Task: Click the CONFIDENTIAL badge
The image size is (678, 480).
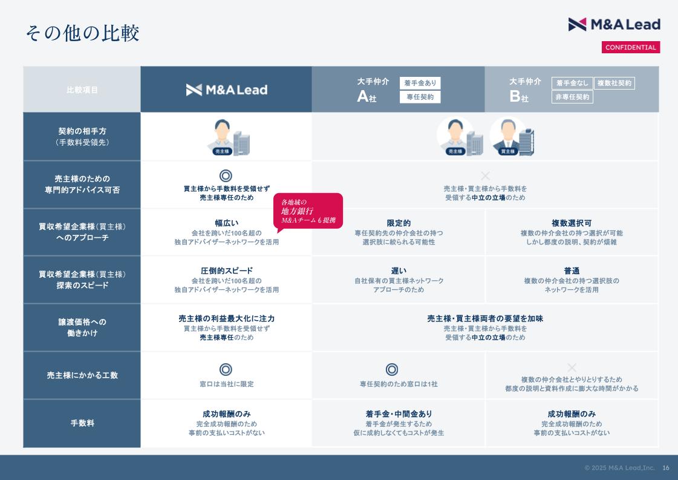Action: click(630, 47)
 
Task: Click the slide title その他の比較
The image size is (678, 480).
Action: click(82, 33)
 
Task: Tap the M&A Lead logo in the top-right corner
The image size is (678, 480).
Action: click(614, 24)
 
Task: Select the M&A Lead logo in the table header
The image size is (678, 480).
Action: click(227, 90)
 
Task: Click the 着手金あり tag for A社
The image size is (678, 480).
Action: click(420, 83)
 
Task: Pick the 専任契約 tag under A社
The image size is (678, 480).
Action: click(420, 97)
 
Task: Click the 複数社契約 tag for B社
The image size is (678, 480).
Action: click(614, 83)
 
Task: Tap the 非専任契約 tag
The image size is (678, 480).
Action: click(572, 97)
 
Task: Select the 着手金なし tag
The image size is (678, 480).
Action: click(572, 83)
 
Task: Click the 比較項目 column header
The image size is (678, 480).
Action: click(82, 90)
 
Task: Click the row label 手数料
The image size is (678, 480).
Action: click(82, 423)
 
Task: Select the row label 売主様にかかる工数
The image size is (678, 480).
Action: click(82, 375)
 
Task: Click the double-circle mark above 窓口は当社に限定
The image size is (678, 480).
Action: click(226, 369)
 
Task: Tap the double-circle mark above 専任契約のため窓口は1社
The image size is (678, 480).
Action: click(392, 369)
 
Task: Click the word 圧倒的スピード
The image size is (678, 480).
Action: click(227, 271)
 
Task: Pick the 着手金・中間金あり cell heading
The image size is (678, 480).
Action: click(399, 414)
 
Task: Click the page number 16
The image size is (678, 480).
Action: click(666, 468)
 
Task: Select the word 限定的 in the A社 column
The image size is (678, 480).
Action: click(399, 223)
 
